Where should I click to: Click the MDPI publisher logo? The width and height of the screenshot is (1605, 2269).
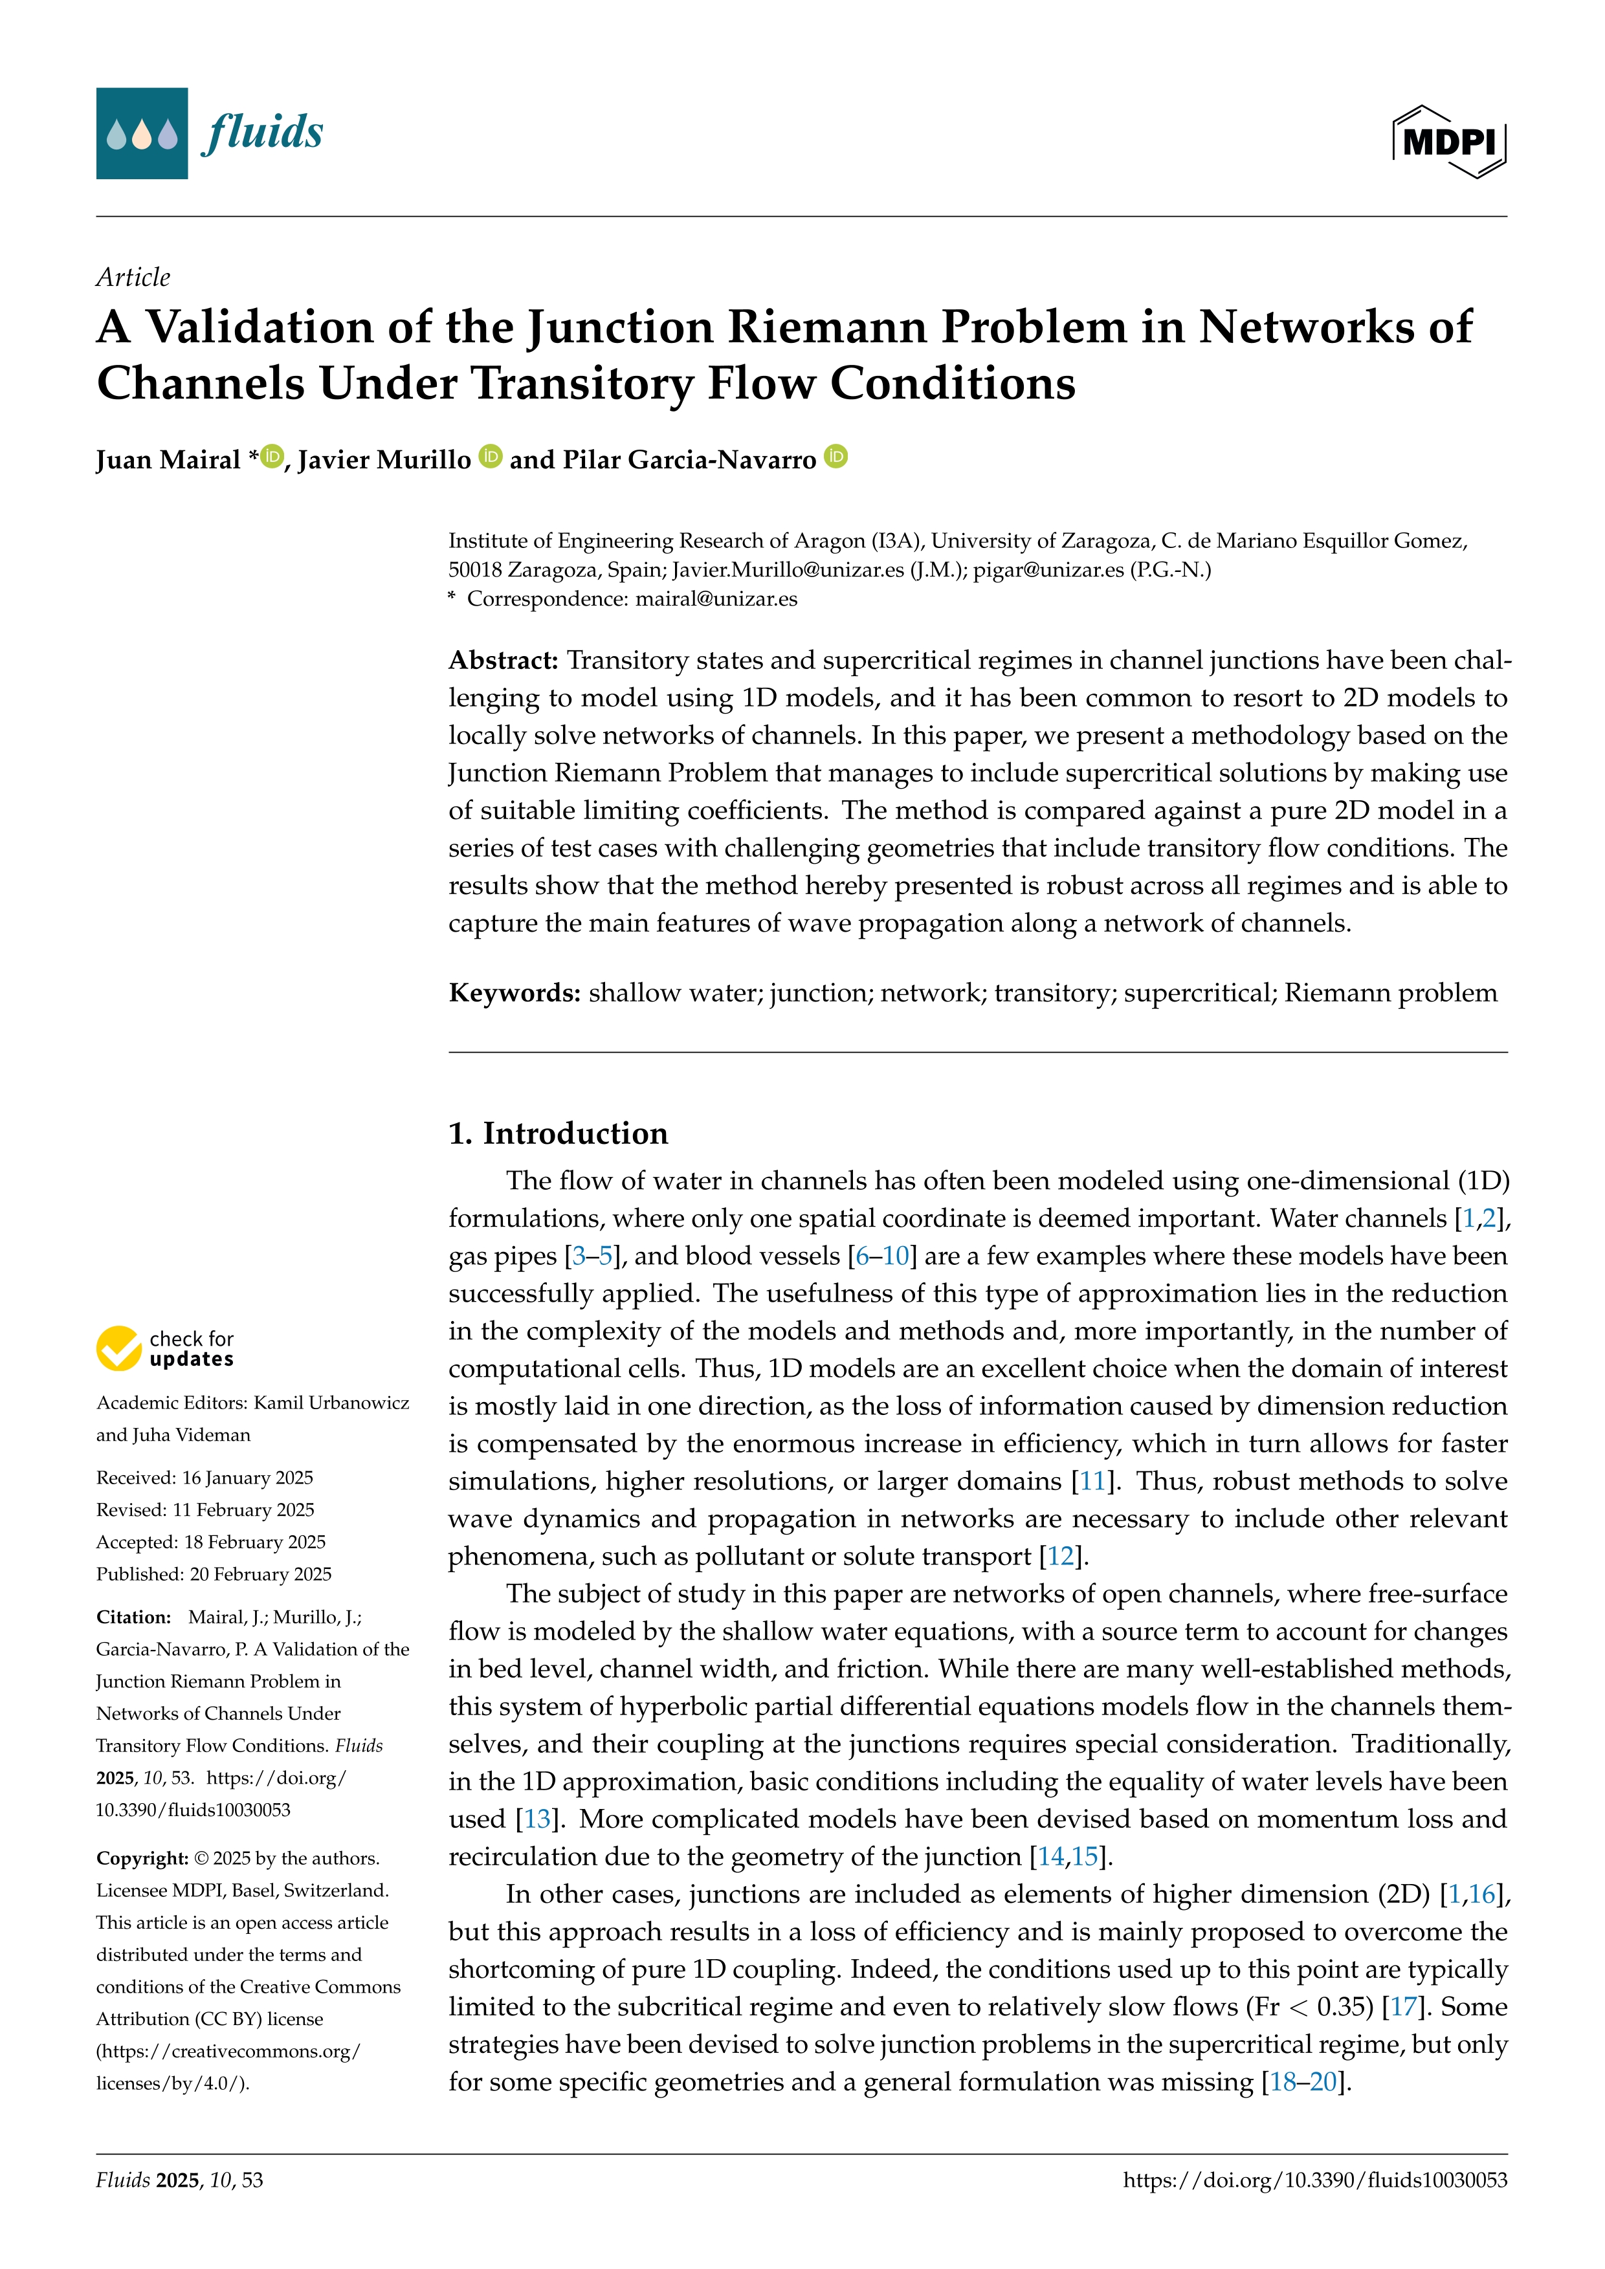click(1449, 141)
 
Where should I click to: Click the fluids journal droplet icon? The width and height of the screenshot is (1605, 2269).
click(141, 133)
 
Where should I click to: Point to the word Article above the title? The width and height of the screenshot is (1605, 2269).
click(133, 277)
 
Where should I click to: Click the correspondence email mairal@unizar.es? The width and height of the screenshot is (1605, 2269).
click(716, 599)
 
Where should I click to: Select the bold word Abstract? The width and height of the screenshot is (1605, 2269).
click(503, 660)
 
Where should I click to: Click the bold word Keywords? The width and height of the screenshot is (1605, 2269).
click(514, 992)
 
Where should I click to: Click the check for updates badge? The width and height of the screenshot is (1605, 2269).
click(165, 1348)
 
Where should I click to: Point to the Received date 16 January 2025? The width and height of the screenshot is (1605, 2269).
click(247, 1478)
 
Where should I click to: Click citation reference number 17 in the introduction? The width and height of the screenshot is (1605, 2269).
click(1403, 2006)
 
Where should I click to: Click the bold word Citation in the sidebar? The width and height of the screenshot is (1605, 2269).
click(133, 1617)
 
